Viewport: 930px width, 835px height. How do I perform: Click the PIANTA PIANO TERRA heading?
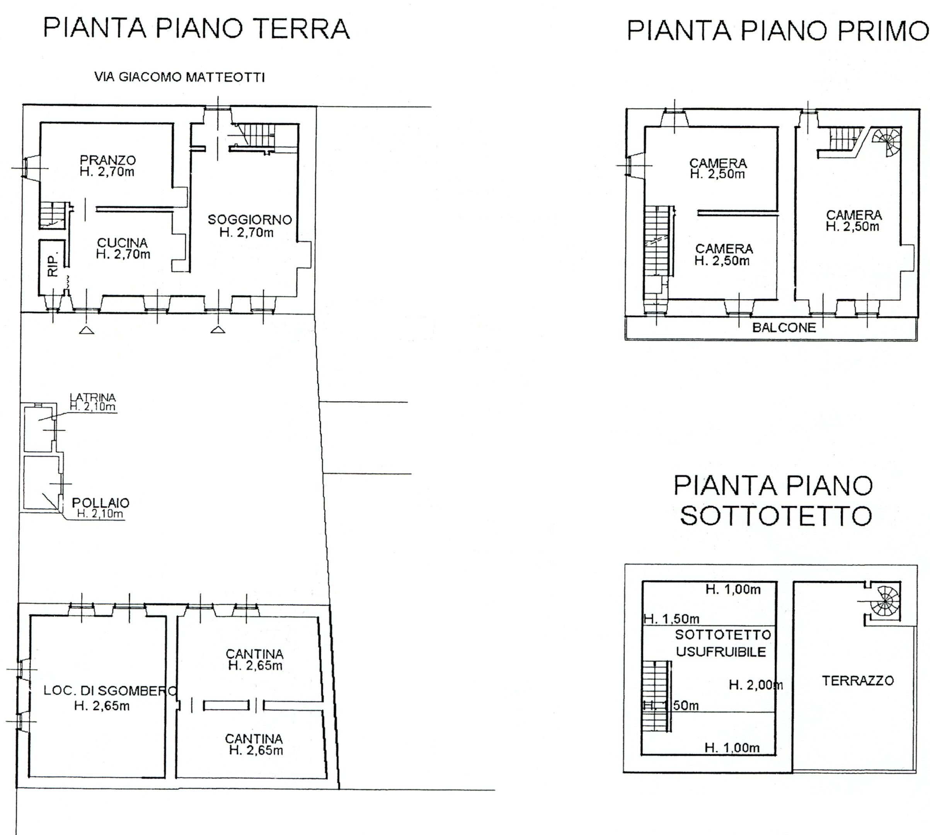point(196,29)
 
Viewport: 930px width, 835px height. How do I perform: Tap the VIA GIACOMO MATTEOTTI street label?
point(179,77)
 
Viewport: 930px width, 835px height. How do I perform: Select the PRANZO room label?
point(107,160)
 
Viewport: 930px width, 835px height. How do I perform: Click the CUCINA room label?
point(122,243)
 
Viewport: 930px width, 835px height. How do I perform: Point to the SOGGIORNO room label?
point(250,220)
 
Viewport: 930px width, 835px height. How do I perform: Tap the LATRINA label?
point(93,397)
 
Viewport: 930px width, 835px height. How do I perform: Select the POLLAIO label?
point(100,503)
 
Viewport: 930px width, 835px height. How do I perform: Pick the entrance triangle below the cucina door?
point(87,330)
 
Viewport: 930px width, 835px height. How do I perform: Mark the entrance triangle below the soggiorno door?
point(218,329)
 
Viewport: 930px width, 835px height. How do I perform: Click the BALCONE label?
point(784,327)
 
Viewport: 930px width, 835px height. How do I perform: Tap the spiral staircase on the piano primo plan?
point(887,141)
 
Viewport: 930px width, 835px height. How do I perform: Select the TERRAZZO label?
point(857,681)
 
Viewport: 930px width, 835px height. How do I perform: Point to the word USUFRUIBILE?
point(721,652)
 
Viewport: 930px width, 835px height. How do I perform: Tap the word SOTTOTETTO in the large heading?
point(776,516)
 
